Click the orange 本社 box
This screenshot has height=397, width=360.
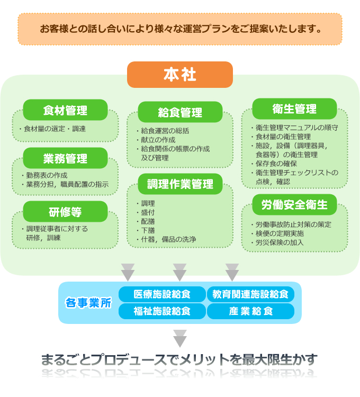click(180, 75)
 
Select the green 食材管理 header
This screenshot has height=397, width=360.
click(65, 110)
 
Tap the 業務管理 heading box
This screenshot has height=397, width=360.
click(65, 158)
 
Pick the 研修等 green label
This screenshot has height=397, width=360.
click(65, 212)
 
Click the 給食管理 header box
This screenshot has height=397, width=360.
click(180, 112)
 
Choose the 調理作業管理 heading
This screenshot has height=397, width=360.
click(180, 184)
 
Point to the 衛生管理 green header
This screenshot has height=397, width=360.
click(294, 109)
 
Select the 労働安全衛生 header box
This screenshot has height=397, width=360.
click(294, 204)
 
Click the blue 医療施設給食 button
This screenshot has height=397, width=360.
click(162, 294)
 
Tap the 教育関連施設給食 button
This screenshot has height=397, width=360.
click(250, 294)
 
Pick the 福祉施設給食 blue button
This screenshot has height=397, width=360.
click(162, 311)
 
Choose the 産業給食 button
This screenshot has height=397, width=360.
click(250, 311)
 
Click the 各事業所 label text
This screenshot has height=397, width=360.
click(88, 303)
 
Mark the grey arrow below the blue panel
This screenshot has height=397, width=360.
click(180, 339)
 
